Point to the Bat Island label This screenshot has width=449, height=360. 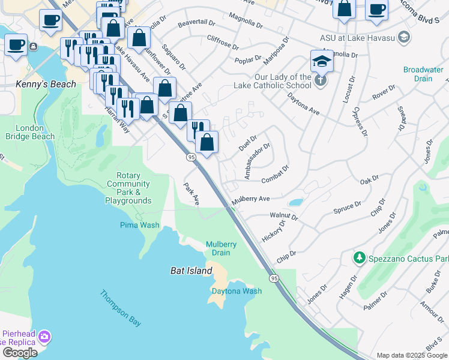tap(190, 271)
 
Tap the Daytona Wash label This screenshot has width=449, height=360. tap(237, 291)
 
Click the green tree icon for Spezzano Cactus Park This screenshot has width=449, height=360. tap(359, 257)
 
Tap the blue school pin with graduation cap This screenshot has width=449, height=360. tap(322, 62)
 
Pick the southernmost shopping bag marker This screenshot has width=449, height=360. tap(206, 143)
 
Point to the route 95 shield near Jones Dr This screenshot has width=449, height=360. tap(274, 278)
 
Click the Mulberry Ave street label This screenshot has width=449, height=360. tap(251, 199)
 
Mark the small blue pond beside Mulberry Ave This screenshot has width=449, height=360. tap(295, 202)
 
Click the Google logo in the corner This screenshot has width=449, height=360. tap(20, 353)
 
